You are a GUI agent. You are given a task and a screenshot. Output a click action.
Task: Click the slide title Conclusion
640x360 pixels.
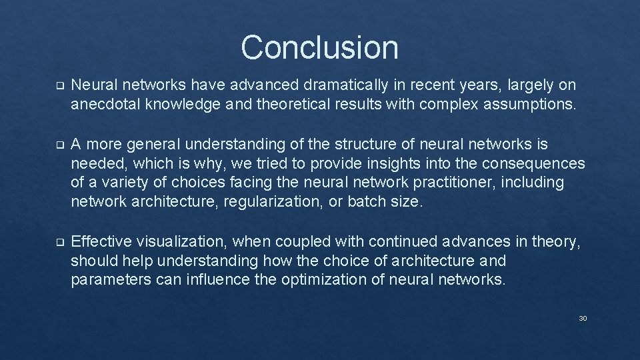319,47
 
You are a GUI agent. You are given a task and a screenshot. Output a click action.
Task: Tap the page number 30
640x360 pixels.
583,319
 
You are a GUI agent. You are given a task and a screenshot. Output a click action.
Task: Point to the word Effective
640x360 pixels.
99,241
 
